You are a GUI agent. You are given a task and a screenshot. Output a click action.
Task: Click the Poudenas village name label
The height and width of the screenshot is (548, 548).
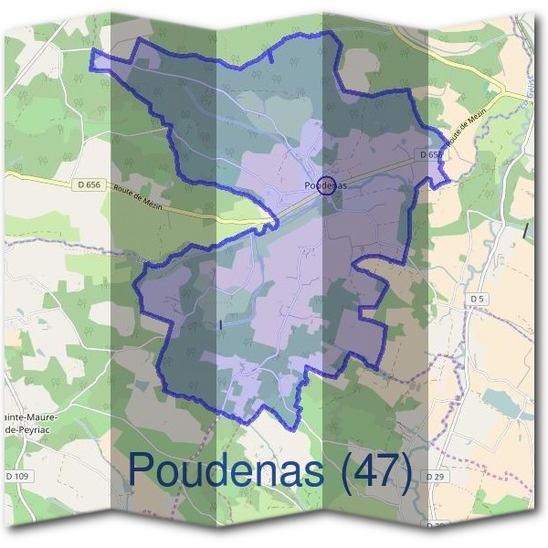[325, 184]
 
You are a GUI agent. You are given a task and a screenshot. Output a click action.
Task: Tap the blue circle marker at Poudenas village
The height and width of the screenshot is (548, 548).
[326, 182]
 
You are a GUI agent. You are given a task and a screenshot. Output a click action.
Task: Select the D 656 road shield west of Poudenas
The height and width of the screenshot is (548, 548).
[86, 184]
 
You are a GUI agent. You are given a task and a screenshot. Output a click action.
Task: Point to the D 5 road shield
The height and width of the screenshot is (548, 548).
[477, 299]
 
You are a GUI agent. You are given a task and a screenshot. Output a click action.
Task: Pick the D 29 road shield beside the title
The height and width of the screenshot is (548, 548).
[437, 476]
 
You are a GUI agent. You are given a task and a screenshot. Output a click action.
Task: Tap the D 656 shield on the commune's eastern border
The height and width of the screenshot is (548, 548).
[431, 155]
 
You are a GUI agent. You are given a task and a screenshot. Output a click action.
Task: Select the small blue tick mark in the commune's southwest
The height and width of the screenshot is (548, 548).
[222, 324]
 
